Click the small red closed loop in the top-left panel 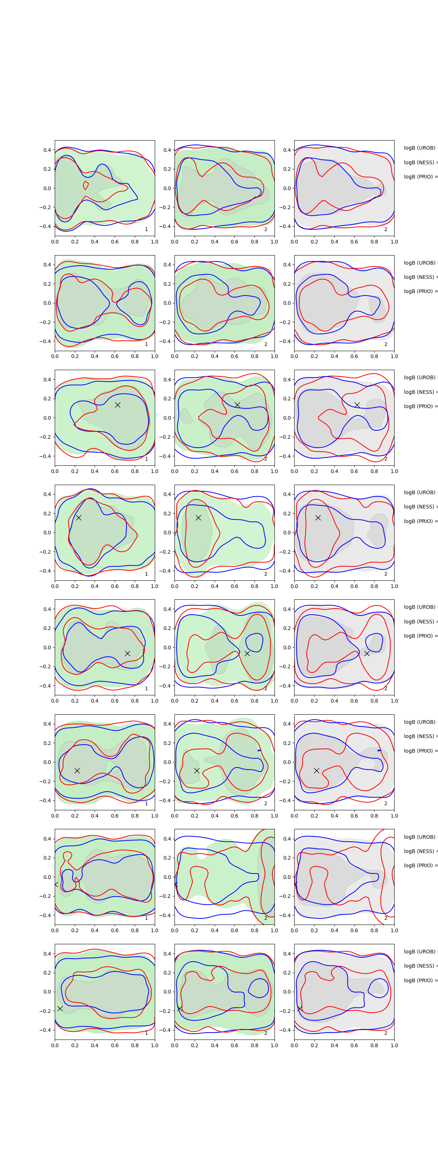(86, 185)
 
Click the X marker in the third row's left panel (118, 405)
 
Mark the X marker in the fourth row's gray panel (318, 517)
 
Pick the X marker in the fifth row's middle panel (247, 653)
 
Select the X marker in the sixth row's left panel (77, 771)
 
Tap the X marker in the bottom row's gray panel (300, 1008)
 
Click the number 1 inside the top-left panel (146, 230)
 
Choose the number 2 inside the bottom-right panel (385, 1033)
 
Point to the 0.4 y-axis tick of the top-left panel (47, 150)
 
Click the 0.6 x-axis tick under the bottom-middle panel (234, 1045)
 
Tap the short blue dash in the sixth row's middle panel (259, 750)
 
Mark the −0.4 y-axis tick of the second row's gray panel (286, 341)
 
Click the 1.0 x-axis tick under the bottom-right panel (394, 1045)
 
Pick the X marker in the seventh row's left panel (56, 884)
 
